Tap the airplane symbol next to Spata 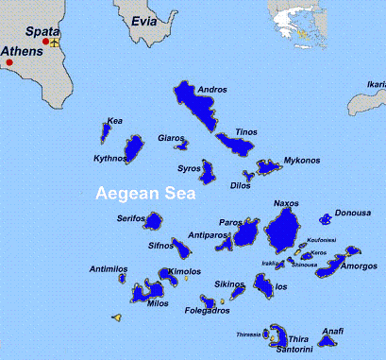(x=55, y=42)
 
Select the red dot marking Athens (x=9, y=62)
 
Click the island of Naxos (x=283, y=228)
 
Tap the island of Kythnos (x=135, y=148)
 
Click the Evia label (x=144, y=18)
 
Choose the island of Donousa (x=326, y=219)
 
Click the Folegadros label (x=208, y=311)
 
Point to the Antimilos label (x=109, y=269)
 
